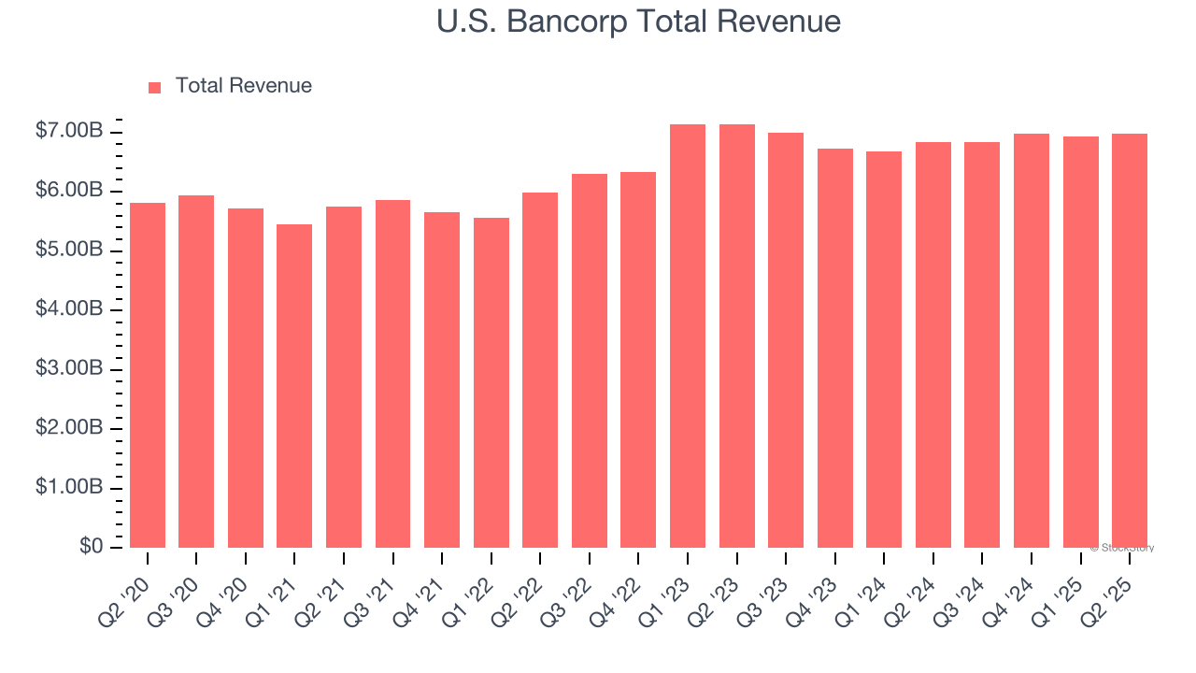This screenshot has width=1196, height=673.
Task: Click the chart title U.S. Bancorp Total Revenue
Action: click(x=638, y=21)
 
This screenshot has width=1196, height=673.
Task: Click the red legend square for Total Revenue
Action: click(x=155, y=87)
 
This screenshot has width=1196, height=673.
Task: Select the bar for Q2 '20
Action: click(x=148, y=375)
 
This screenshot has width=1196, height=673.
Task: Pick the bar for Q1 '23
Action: click(x=688, y=336)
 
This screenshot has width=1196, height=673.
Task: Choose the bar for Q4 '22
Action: click(x=638, y=360)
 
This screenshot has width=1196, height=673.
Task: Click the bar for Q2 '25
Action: click(x=1130, y=340)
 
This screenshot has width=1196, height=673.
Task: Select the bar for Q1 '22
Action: click(x=491, y=382)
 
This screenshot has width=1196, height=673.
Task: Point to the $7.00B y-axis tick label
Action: click(x=69, y=132)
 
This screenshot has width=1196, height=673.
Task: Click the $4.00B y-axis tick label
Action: click(x=69, y=309)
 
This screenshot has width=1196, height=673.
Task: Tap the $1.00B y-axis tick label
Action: click(x=69, y=488)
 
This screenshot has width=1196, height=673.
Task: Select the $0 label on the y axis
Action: click(x=91, y=547)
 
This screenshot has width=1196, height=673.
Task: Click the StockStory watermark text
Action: click(x=1122, y=548)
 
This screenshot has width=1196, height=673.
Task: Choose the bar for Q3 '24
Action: click(x=982, y=345)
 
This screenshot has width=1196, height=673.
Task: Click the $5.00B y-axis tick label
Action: click(x=69, y=251)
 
